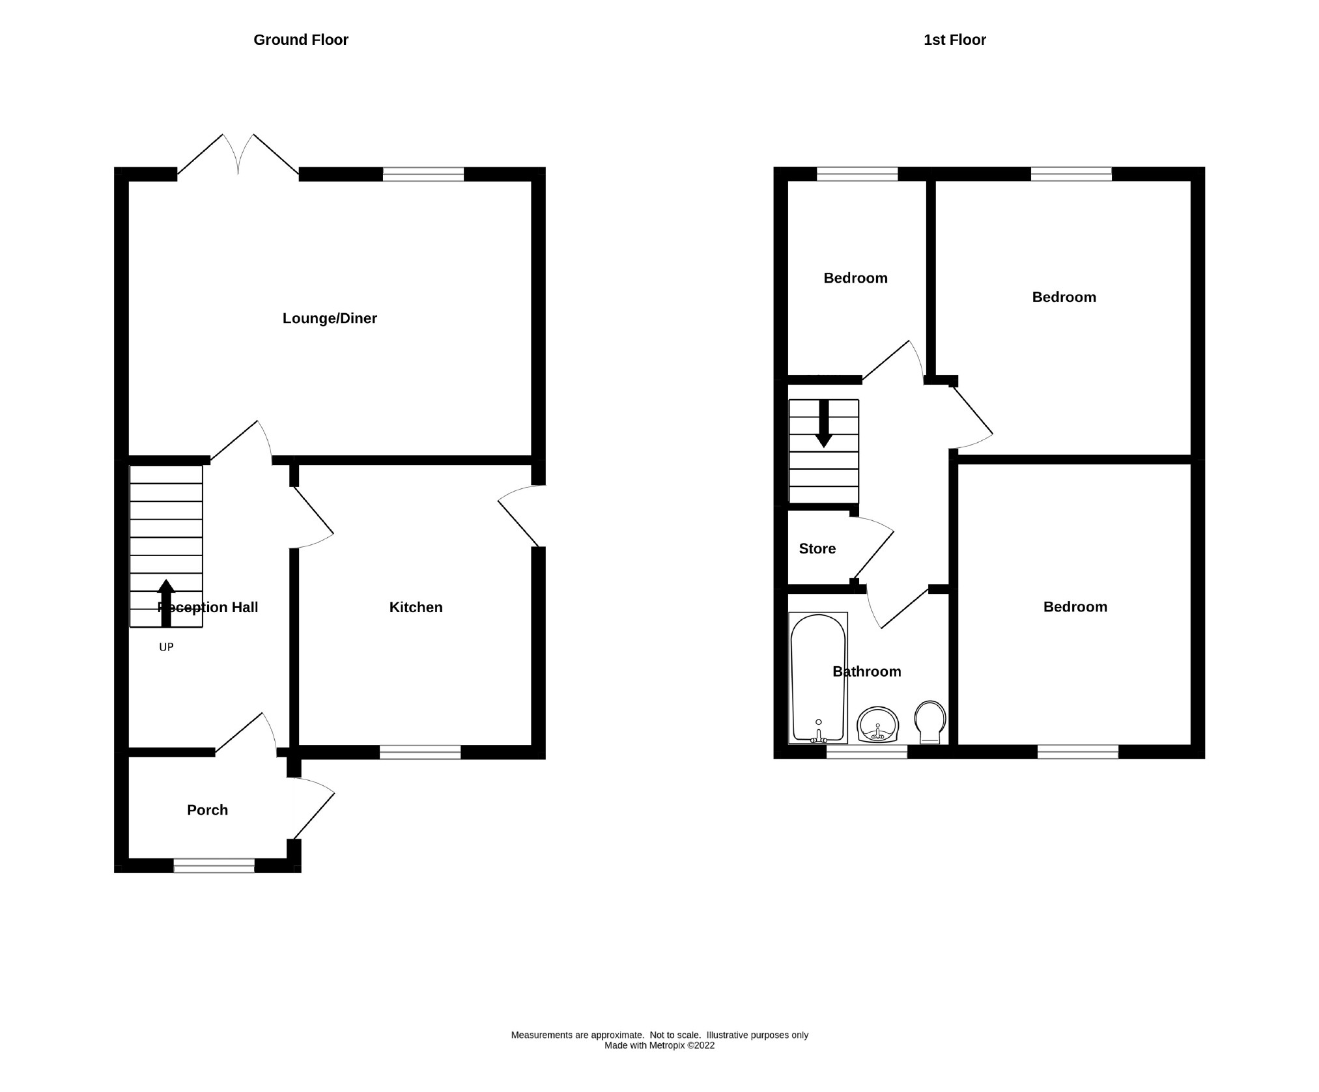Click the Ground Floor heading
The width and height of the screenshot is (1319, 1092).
pyautogui.click(x=300, y=40)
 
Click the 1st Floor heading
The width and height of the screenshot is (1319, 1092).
pyautogui.click(x=954, y=40)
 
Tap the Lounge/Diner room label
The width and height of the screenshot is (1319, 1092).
pyautogui.click(x=330, y=318)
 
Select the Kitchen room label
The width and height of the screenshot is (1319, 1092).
pyautogui.click(x=416, y=607)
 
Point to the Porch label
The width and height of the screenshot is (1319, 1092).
pyautogui.click(x=207, y=810)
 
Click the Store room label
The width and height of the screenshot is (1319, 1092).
pyautogui.click(x=817, y=549)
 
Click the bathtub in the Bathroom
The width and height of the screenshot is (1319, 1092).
pyautogui.click(x=818, y=677)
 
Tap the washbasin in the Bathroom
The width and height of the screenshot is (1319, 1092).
pyautogui.click(x=877, y=725)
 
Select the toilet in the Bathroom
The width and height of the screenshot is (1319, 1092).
pyautogui.click(x=929, y=721)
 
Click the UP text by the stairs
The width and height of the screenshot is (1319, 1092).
pyautogui.click(x=166, y=647)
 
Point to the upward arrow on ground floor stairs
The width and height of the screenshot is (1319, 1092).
pyautogui.click(x=166, y=602)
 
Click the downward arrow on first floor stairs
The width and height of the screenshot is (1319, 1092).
pyautogui.click(x=824, y=424)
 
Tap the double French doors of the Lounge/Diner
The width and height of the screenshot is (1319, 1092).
pyautogui.click(x=238, y=155)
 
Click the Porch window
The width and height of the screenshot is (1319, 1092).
pyautogui.click(x=214, y=865)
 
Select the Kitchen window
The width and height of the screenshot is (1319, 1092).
pyautogui.click(x=420, y=753)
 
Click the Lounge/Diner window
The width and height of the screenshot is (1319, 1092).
pyautogui.click(x=423, y=174)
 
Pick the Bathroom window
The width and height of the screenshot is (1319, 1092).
pyautogui.click(x=866, y=753)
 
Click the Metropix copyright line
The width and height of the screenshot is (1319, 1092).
pyautogui.click(x=659, y=1064)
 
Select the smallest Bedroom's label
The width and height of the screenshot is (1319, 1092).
pyautogui.click(x=855, y=278)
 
